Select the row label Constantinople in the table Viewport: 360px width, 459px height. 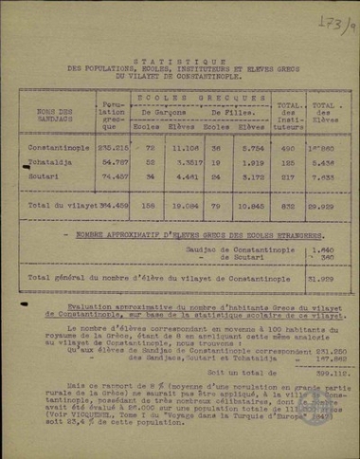tap(59, 149)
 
